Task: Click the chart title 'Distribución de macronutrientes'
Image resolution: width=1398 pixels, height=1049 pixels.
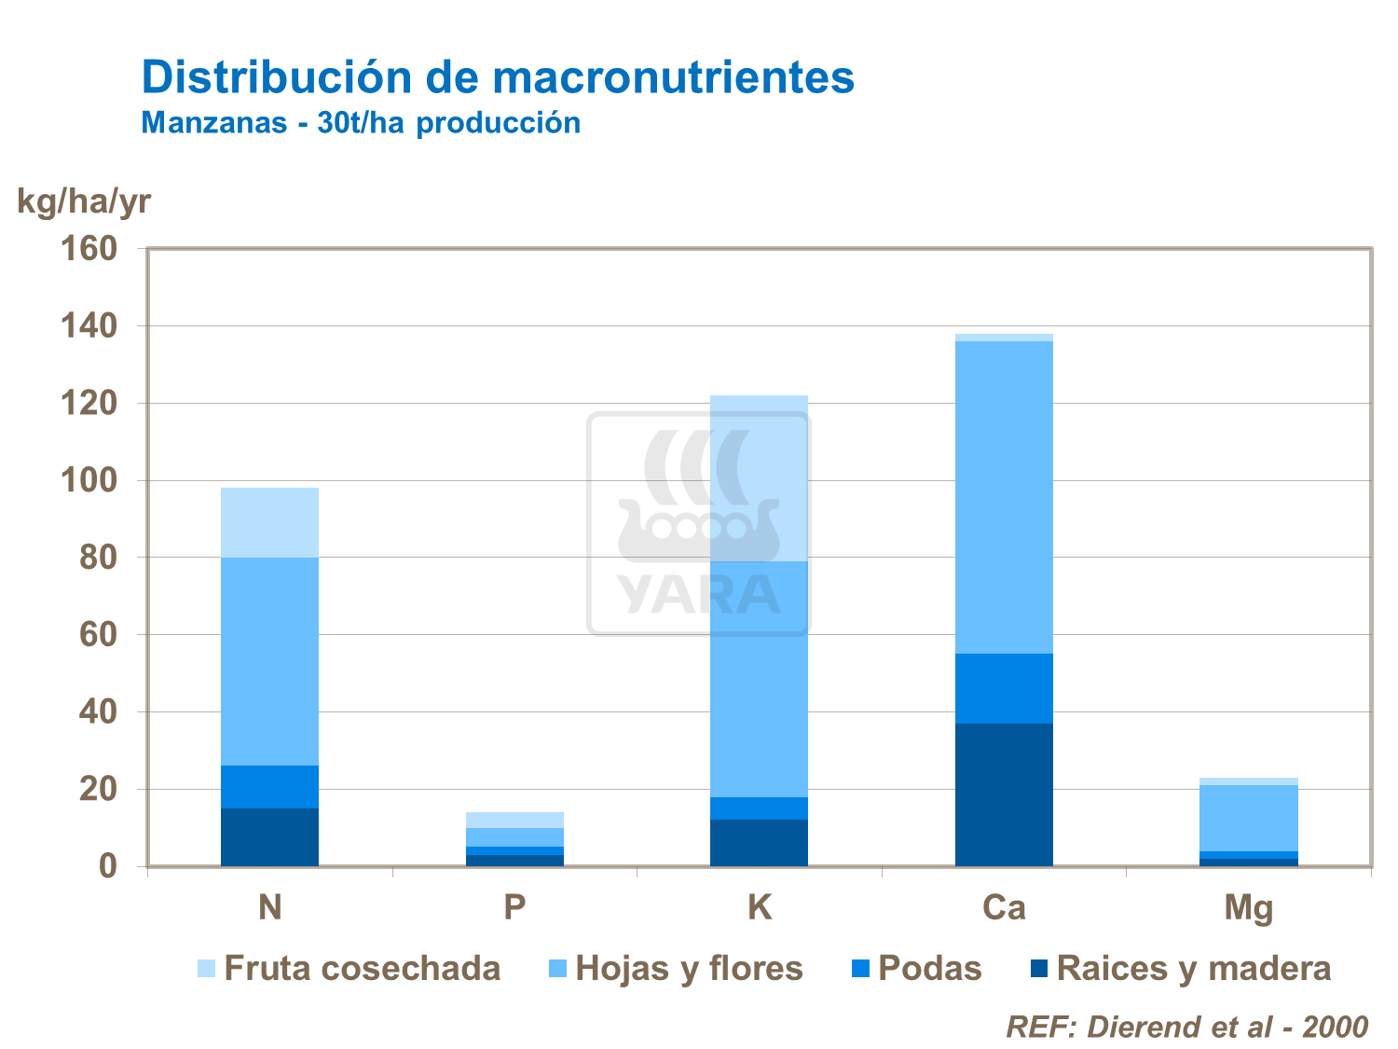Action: click(x=498, y=77)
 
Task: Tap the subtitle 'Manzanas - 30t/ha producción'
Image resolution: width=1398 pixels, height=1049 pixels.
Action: click(x=361, y=123)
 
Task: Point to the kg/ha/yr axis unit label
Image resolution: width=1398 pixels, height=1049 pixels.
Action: click(x=84, y=200)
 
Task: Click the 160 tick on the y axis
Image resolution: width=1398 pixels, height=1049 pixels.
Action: click(x=89, y=249)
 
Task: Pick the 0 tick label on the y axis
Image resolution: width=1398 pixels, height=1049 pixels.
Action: click(x=108, y=866)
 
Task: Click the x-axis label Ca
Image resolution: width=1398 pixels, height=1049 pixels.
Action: click(x=1004, y=907)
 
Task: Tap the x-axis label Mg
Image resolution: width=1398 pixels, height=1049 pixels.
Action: click(x=1248, y=907)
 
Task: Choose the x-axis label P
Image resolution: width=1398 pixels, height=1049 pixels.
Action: click(x=514, y=907)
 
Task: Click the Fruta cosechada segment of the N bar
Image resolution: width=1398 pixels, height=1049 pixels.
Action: click(x=269, y=522)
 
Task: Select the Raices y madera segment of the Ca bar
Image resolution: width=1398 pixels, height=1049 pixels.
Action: click(x=1004, y=794)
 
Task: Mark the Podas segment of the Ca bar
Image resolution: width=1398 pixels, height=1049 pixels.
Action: click(x=1004, y=688)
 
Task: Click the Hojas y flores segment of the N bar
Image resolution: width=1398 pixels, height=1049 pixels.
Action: click(x=269, y=661)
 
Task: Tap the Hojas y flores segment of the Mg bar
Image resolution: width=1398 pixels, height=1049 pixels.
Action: click(x=1248, y=818)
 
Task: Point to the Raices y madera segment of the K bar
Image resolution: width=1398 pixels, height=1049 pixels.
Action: click(x=759, y=843)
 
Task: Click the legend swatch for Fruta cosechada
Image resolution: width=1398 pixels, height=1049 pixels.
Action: click(x=206, y=969)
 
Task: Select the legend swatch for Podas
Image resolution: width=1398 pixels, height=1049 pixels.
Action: click(x=860, y=969)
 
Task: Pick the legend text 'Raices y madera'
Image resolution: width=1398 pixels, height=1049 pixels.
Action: click(x=1194, y=969)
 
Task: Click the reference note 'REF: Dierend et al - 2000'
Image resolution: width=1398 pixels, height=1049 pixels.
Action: click(x=1186, y=1027)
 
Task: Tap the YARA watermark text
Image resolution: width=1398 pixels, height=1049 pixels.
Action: click(x=698, y=594)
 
